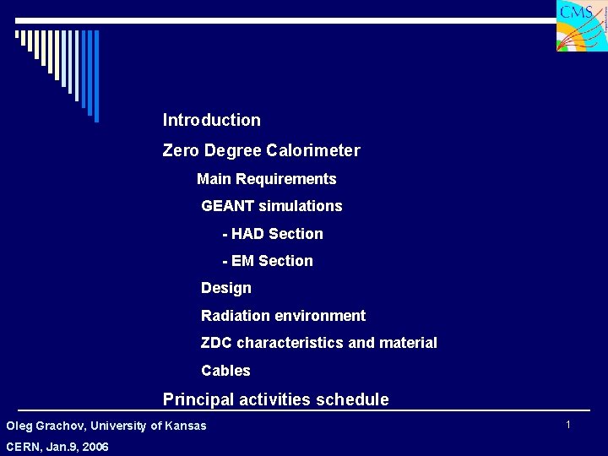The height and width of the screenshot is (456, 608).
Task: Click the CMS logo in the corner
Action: tap(581, 25)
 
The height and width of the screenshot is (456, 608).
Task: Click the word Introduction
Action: tap(212, 120)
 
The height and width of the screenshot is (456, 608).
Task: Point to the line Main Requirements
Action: tap(266, 179)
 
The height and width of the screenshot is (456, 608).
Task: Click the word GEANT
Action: tap(228, 206)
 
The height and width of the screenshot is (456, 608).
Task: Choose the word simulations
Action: tap(301, 206)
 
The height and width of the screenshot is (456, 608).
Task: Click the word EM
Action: tap(243, 261)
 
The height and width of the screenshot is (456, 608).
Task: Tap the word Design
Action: tap(226, 288)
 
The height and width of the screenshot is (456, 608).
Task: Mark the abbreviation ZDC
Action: tap(217, 343)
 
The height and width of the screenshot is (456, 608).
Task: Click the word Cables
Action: tap(225, 371)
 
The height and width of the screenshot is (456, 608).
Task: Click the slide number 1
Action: tap(568, 424)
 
